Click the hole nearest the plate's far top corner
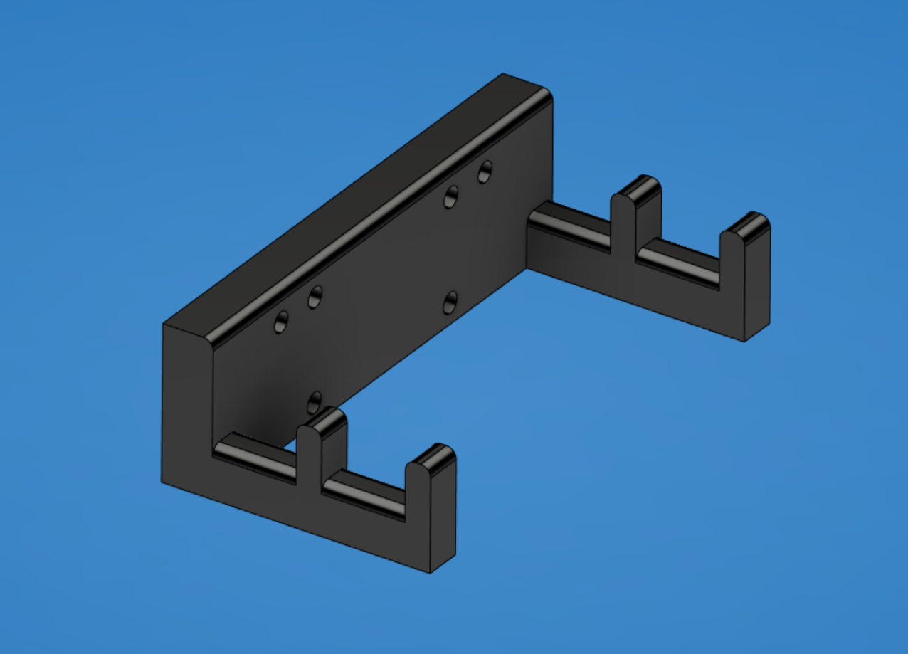point(485,172)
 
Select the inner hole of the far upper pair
point(450,196)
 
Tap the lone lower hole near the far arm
point(450,303)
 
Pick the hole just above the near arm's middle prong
point(314,403)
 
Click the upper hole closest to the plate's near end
point(282,322)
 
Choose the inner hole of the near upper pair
point(315,297)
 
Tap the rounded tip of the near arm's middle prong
point(322,419)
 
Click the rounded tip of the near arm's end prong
point(431,457)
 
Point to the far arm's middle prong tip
point(637,187)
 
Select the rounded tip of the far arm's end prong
point(746,225)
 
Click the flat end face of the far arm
point(757,285)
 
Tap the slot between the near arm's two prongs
point(363,491)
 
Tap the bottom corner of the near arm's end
point(431,571)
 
